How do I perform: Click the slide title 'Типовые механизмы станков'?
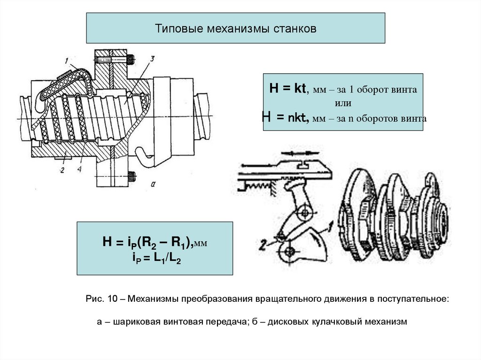[236, 29]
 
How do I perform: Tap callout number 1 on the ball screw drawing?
[67, 60]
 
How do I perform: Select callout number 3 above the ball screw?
[152, 58]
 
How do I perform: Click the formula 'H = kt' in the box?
[287, 89]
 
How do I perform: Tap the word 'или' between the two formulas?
[343, 103]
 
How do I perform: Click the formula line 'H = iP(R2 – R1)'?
[147, 242]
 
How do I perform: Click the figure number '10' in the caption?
[111, 299]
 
